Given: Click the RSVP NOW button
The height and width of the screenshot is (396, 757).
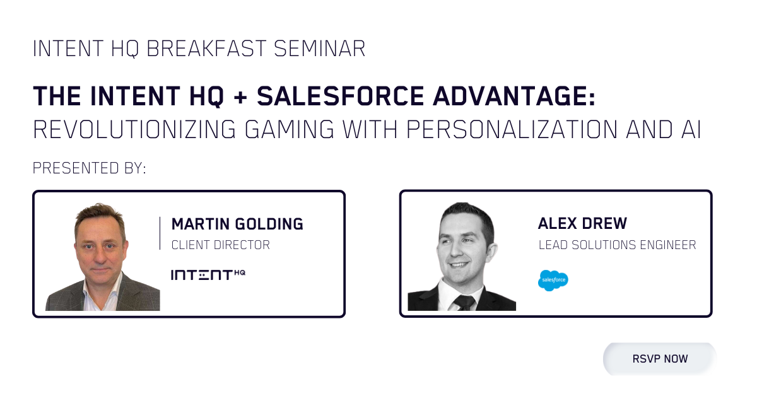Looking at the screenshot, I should pyautogui.click(x=660, y=359).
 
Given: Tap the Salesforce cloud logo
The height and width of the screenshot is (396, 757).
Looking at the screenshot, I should pyautogui.click(x=553, y=280).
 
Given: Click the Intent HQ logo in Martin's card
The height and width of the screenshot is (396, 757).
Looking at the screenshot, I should pyautogui.click(x=208, y=274).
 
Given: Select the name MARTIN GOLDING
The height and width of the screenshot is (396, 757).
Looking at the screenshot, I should pyautogui.click(x=237, y=224).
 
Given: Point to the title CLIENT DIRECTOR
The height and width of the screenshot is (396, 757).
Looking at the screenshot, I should pyautogui.click(x=220, y=245).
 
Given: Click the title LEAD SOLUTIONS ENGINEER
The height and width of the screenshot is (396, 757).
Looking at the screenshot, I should pyautogui.click(x=617, y=245).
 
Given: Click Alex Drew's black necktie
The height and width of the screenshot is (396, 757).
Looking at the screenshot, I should pyautogui.click(x=465, y=301).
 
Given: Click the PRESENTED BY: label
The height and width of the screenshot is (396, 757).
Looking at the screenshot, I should pyautogui.click(x=90, y=168).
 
